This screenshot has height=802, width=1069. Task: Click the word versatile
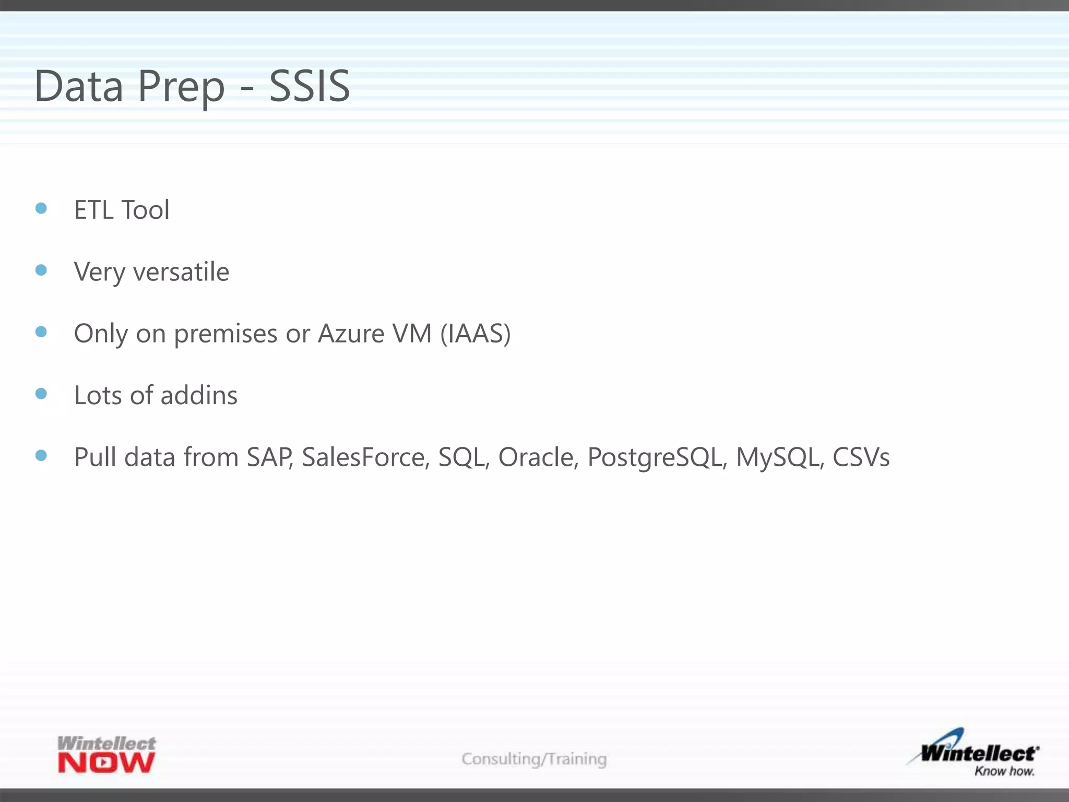click(x=181, y=272)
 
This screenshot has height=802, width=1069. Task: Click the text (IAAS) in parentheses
click(x=475, y=334)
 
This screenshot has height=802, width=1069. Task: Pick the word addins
click(x=199, y=395)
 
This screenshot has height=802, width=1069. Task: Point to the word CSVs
click(x=861, y=457)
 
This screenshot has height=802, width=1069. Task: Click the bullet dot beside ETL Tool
click(x=41, y=208)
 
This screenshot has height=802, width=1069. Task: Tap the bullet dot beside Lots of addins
click(x=41, y=393)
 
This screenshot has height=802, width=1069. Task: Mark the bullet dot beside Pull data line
click(x=41, y=455)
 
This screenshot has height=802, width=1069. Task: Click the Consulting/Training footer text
click(x=534, y=759)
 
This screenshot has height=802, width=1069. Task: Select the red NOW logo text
click(x=106, y=763)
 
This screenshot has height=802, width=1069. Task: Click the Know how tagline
click(x=1004, y=771)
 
